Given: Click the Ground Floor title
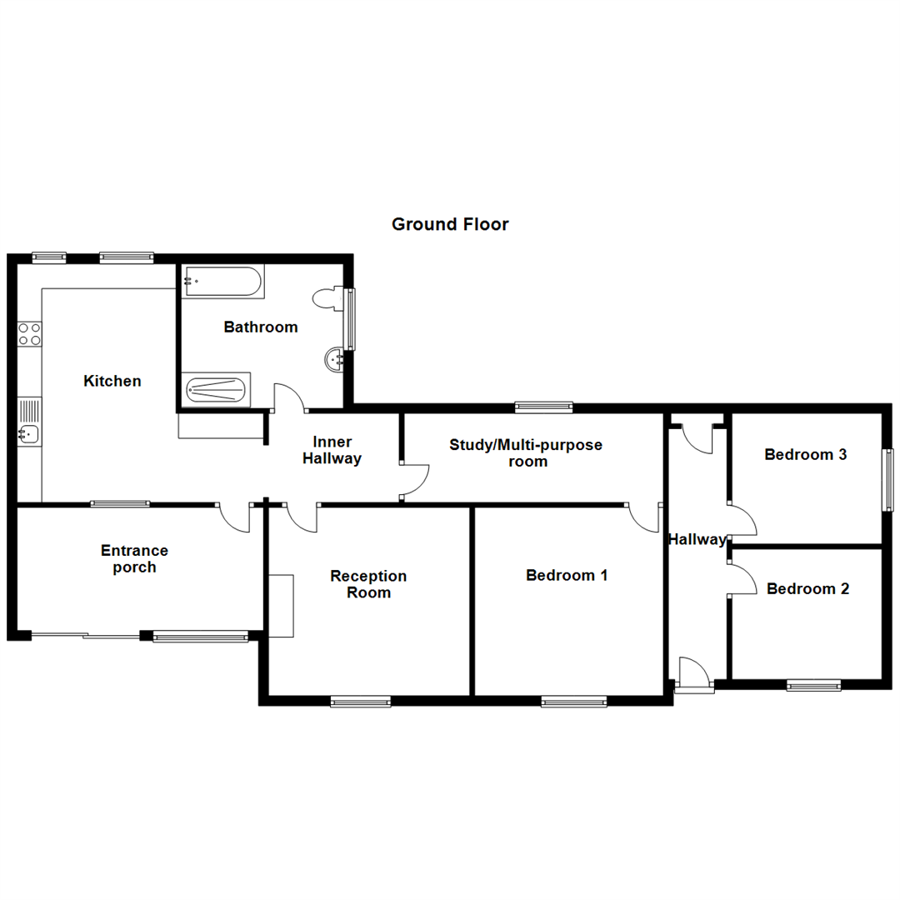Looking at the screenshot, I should (450, 224).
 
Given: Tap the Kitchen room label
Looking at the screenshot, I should (112, 381).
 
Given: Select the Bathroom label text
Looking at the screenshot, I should (260, 327).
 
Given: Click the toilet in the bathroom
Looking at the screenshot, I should (327, 299).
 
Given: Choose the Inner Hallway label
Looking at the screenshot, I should (332, 450).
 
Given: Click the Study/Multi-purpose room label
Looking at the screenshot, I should (526, 452).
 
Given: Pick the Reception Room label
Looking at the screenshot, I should (368, 584).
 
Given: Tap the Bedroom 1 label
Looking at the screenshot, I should (567, 575).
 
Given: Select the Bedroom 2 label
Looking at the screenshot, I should (807, 589).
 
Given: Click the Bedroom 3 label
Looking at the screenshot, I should (806, 455).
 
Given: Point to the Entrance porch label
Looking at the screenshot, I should (134, 558).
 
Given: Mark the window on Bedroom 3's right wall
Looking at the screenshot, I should (889, 480).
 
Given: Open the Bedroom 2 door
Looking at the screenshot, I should (742, 577).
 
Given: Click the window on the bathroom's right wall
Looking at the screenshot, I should (351, 319).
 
